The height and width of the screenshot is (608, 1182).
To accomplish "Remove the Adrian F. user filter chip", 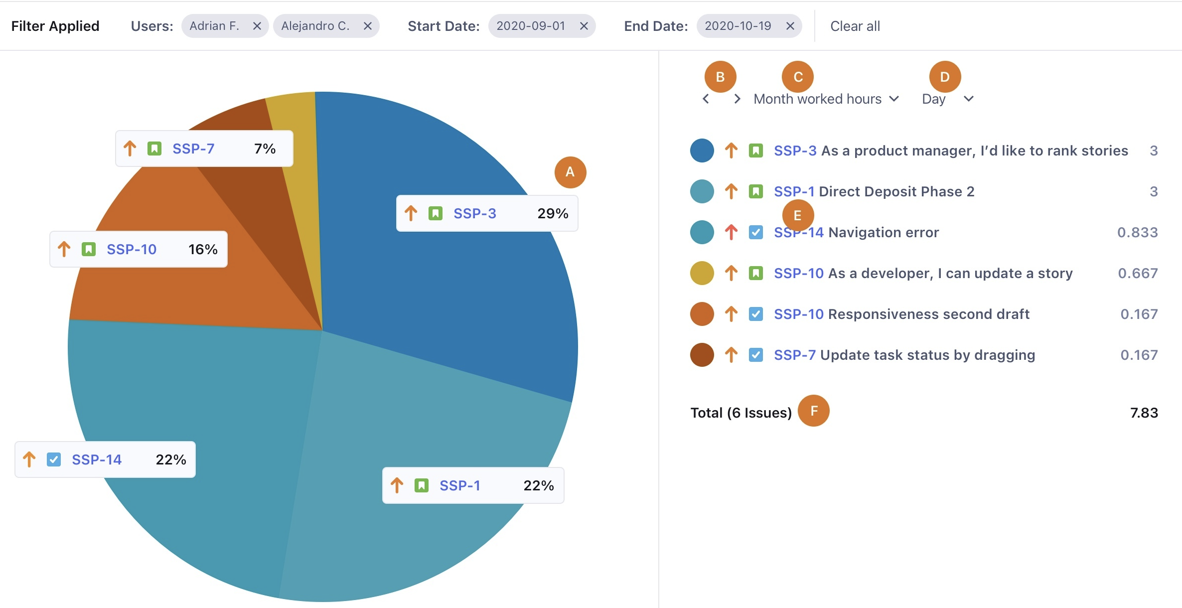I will [257, 26].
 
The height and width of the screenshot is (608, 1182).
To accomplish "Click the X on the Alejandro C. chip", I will [367, 26].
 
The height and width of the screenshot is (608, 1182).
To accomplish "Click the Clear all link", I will [855, 26].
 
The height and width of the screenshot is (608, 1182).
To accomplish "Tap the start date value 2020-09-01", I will [530, 26].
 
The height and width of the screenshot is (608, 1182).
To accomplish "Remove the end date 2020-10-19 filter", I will [790, 26].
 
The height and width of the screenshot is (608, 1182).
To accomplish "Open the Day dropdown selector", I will [947, 99].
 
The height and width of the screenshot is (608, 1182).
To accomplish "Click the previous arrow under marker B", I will [706, 99].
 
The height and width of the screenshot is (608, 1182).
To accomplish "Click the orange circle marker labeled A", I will [570, 172].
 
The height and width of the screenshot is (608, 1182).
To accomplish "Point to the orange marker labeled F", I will [813, 411].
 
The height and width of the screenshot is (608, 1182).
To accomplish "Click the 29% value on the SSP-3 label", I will [552, 213].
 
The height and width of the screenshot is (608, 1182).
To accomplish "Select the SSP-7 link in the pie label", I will [193, 149].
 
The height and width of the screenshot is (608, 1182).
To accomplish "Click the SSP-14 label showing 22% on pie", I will [97, 459].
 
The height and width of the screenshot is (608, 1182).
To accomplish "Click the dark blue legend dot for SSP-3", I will [702, 151].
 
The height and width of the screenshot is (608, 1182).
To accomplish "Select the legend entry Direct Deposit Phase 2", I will [896, 191].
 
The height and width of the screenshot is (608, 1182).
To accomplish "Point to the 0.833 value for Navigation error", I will [1137, 232].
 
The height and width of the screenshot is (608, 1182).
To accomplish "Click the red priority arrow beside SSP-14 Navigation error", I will [731, 232].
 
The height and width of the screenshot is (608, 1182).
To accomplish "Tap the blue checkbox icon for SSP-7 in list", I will [755, 355].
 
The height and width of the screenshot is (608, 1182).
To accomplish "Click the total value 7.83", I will [1144, 413].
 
